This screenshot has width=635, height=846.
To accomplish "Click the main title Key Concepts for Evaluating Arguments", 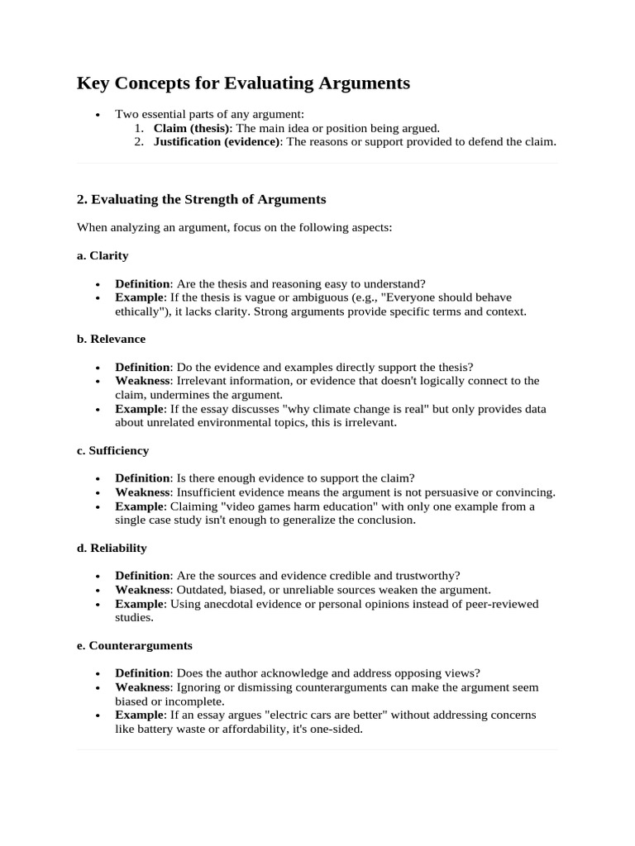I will click(243, 83).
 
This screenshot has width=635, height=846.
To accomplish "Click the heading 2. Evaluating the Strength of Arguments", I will click(201, 199).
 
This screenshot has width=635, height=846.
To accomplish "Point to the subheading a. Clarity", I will click(103, 255).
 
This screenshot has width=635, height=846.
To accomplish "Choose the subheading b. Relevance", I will click(111, 339).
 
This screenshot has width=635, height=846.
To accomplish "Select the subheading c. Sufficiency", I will click(113, 450).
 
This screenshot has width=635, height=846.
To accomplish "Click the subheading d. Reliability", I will click(112, 548).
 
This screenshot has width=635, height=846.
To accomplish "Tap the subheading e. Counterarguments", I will click(134, 645).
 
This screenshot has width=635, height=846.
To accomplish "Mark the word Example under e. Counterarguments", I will click(140, 715).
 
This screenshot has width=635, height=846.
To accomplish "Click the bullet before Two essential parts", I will click(99, 115).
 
